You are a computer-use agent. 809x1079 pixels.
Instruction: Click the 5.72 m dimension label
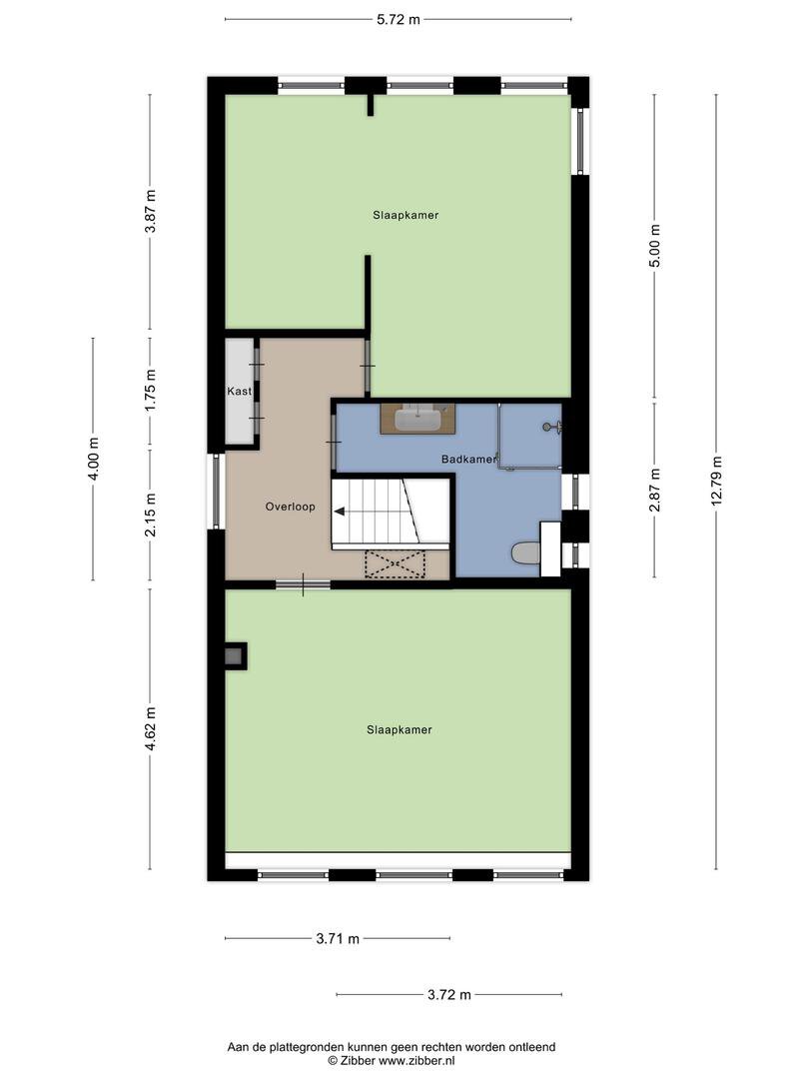(398, 19)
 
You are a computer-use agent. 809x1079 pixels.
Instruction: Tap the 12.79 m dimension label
(717, 481)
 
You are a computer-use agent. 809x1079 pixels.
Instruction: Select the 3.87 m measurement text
(150, 211)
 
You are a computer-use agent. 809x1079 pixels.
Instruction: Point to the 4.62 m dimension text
(150, 728)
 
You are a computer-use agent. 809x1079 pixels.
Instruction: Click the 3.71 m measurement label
(338, 938)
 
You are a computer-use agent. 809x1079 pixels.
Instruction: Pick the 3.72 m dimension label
(449, 994)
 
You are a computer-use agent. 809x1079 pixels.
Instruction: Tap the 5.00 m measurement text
(654, 247)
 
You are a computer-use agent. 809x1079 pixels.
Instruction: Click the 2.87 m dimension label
(654, 490)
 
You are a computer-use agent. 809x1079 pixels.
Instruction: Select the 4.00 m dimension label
(94, 459)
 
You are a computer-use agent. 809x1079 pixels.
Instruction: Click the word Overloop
(291, 507)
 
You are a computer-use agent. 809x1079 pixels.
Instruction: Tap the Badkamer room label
(468, 459)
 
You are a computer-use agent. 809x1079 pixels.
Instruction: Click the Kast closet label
(240, 391)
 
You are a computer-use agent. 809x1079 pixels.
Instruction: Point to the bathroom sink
(418, 419)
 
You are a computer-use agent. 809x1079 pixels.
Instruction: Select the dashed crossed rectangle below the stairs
(396, 563)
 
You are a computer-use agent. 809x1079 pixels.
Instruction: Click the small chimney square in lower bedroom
(235, 656)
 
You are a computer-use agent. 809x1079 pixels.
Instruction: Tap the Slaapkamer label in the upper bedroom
(405, 215)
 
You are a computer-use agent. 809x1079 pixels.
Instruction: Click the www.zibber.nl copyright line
(392, 1060)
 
